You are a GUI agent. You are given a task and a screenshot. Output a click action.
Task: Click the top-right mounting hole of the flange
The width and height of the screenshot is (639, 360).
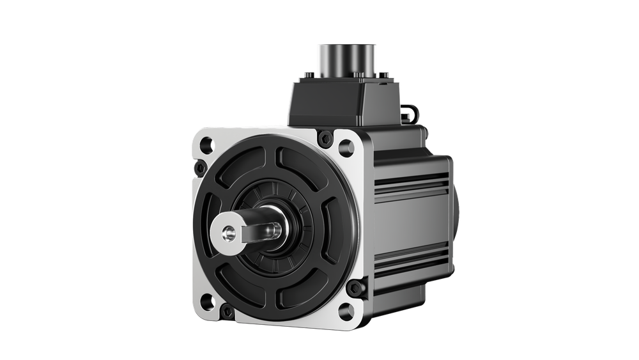click(x=346, y=148)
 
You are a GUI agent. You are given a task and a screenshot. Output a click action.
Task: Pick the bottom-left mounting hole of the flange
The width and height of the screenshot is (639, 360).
click(x=206, y=301)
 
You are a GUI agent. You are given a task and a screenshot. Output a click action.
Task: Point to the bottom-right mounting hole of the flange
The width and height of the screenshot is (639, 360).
click(x=346, y=311)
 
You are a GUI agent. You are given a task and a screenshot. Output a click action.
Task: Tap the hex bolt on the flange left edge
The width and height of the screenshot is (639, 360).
click(x=200, y=168)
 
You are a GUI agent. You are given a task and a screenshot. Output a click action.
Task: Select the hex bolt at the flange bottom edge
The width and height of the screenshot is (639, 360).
click(x=227, y=313)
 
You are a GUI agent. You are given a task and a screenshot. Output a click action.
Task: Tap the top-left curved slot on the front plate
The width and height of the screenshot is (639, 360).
click(x=236, y=170)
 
